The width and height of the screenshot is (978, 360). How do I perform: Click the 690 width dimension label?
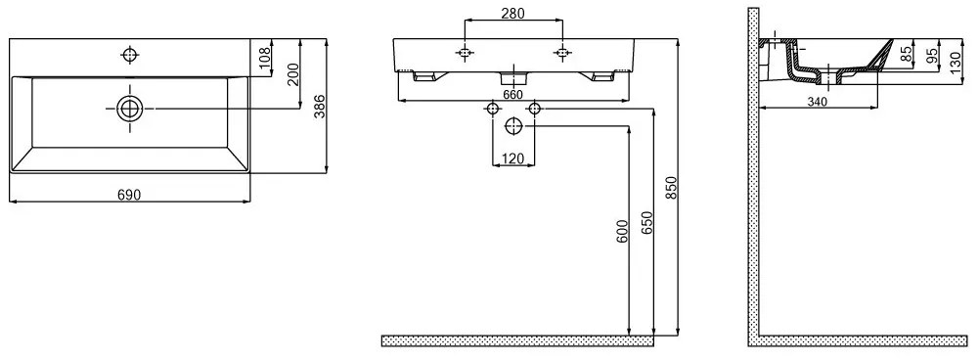pos(129,196)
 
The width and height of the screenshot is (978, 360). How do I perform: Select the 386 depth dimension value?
pos(319,107)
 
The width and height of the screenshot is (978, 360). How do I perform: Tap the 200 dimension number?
pos(293,75)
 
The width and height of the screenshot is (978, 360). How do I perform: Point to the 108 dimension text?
pos(264,60)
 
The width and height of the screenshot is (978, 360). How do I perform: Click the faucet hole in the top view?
pos(129,55)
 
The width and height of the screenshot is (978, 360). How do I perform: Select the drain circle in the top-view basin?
pos(129,109)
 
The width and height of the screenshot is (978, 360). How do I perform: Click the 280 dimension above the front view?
pos(512,13)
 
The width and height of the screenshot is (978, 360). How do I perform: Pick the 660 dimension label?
pos(512,94)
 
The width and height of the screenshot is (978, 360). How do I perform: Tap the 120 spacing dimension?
pos(512,158)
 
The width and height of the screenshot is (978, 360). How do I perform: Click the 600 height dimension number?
pos(621,232)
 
